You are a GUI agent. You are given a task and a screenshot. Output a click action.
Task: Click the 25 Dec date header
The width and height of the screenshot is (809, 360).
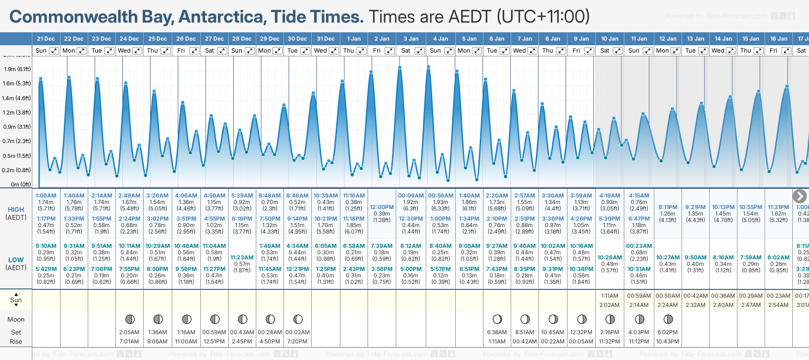point(157,39)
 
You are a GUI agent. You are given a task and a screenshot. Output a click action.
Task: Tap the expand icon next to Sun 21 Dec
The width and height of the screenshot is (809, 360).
point(54,51)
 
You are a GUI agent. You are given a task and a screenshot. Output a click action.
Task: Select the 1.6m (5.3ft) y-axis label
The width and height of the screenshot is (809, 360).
point(17,84)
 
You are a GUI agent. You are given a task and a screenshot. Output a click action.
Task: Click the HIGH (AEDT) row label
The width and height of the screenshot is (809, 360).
point(16,213)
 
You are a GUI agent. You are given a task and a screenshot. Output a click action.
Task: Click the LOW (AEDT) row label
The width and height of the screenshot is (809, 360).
point(16,264)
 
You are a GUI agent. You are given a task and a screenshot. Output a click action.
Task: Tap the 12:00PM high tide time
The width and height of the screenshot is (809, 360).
point(381,207)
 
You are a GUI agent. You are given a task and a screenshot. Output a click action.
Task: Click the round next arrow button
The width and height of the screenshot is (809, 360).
point(799,196)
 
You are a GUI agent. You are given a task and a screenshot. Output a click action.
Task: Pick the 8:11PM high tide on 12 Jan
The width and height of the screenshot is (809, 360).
point(668,207)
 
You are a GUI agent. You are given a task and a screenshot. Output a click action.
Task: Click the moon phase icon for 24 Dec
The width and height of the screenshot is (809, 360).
point(130,319)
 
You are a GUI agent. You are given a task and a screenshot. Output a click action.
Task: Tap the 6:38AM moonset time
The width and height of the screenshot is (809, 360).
point(497,332)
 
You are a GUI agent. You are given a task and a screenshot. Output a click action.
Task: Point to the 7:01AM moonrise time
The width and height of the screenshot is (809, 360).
point(129,342)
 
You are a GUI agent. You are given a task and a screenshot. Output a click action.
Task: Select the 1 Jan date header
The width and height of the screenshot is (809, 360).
point(354,39)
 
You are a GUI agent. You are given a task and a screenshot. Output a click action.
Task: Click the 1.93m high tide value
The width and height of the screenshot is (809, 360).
point(441,202)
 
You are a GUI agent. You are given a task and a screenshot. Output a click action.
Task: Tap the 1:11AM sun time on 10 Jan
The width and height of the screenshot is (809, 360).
point(610,296)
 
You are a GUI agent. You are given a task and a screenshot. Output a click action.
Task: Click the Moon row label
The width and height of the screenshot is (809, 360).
point(16,319)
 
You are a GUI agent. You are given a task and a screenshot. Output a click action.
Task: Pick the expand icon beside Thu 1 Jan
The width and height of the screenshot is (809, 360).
point(362,51)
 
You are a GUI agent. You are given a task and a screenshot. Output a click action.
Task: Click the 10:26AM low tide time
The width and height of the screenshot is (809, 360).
point(610,258)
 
